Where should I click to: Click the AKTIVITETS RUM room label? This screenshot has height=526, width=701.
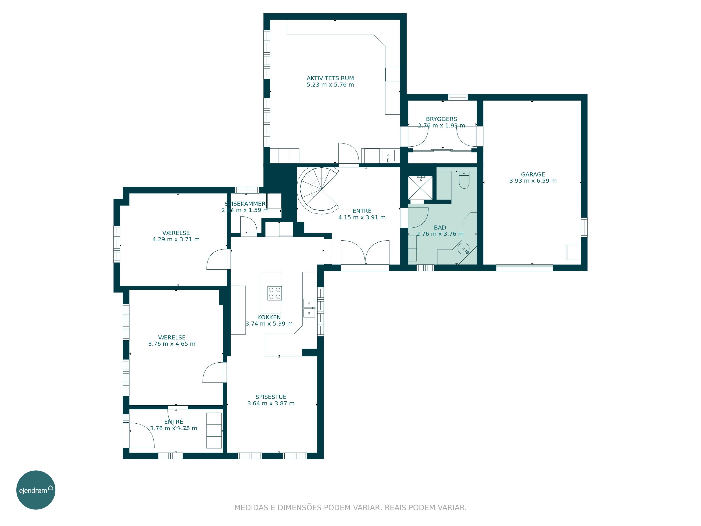(330, 78)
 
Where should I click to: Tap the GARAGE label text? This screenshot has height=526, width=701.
(533, 174)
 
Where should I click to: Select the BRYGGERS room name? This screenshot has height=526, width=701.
(441, 119)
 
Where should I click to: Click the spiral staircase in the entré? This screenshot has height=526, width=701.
(318, 190)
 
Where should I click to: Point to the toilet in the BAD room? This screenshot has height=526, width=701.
(464, 180)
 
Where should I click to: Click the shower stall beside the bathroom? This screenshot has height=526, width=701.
(420, 188)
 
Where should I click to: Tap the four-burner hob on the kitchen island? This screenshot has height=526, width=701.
(275, 293)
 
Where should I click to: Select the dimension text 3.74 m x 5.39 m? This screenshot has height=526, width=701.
(269, 324)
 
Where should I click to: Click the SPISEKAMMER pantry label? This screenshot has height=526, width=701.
(245, 204)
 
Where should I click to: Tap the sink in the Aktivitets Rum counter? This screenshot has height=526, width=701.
(388, 156)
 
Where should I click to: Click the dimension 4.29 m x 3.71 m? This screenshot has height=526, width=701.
(176, 239)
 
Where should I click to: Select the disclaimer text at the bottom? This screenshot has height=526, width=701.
(350, 508)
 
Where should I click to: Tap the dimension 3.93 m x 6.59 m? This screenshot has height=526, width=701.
(533, 181)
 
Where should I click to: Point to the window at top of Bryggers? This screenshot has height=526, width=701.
(458, 97)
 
